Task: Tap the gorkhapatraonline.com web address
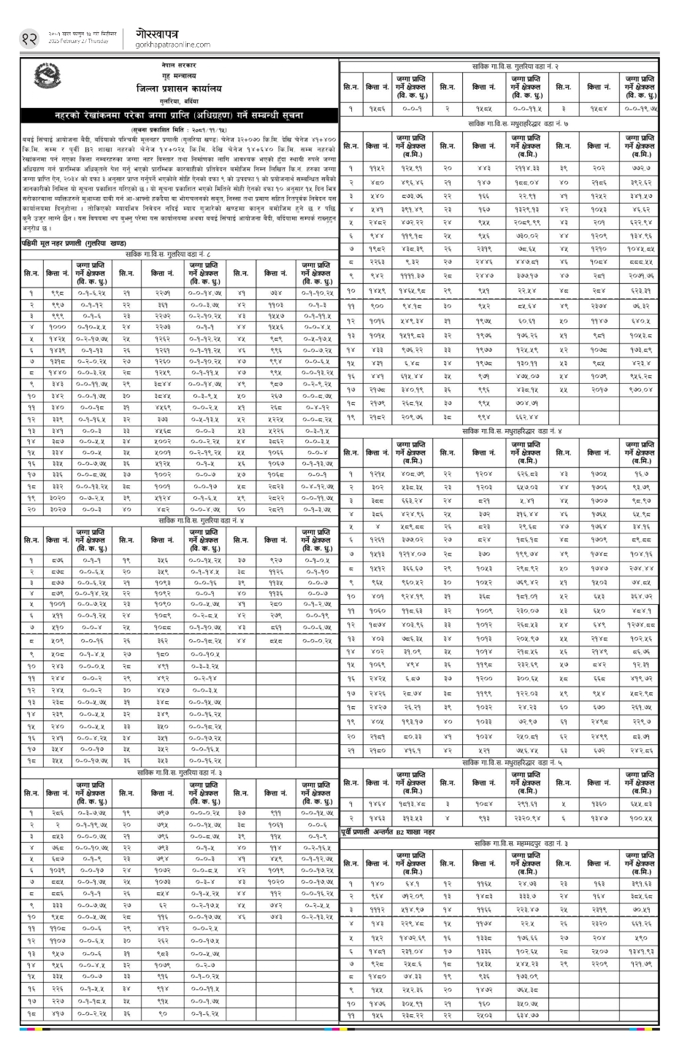pyautogui.click(x=167, y=45)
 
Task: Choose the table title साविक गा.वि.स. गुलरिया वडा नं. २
pyautogui.click(x=509, y=66)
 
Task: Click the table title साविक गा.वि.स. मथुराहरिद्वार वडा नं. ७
pyautogui.click(x=509, y=125)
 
